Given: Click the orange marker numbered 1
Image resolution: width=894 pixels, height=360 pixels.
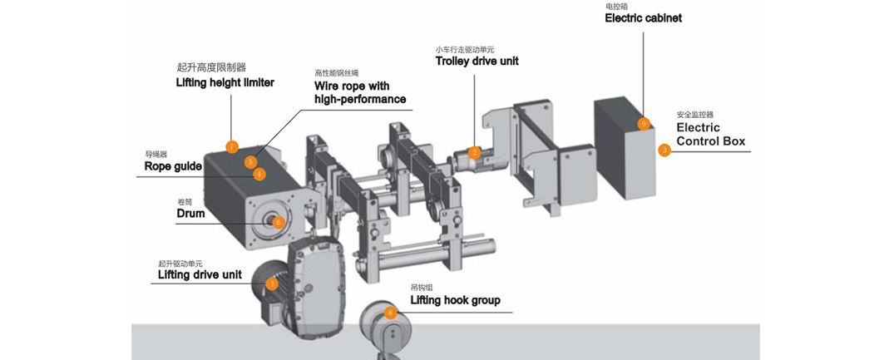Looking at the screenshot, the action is pos(272,283).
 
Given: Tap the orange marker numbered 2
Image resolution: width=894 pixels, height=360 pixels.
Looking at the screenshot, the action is pos(474,152).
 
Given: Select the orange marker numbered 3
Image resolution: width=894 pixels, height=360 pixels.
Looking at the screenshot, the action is pos(664,150).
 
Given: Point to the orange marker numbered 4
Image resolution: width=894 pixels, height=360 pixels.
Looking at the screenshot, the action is pos(259,175).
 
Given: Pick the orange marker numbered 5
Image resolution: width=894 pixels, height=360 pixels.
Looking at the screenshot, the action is pos(250,161).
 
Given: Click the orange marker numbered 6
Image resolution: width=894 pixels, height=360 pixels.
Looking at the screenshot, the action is pos(278,222).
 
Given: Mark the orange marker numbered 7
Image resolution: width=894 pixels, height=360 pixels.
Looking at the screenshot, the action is pos(231,146).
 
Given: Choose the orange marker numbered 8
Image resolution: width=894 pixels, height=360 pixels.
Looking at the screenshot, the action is pos(390,312).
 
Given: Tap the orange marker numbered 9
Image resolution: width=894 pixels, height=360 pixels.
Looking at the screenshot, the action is pos(644,123).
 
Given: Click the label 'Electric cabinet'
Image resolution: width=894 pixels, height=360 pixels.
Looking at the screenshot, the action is pos(643,18).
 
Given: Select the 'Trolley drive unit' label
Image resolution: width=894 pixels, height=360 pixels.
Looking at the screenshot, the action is pos(477,61).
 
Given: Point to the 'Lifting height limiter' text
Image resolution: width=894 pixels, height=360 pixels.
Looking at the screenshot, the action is pos(225,82).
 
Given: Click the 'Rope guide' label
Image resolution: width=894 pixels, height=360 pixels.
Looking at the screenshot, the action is pos(173,166).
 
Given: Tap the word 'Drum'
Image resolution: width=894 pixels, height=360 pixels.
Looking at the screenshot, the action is pos(190,214).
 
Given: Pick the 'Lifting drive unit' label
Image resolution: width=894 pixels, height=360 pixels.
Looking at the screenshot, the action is pos(200,275).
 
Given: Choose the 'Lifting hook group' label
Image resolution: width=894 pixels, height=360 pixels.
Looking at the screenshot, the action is pos(456,299).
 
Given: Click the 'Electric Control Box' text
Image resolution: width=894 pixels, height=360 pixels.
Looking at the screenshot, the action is pos(711,135).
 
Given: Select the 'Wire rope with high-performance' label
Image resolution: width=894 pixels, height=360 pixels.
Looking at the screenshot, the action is pos(360,93).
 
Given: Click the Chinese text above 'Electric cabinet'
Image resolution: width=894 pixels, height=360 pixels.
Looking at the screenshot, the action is pos(616,7).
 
